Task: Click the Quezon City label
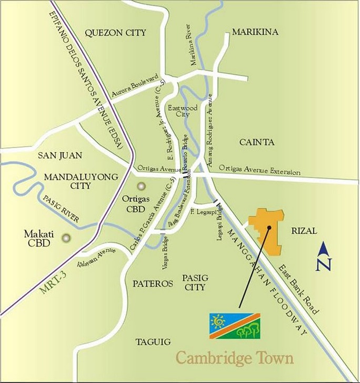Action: (115, 33)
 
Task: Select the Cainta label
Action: (257, 142)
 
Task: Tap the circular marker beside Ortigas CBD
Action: (141, 186)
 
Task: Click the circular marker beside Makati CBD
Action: (65, 238)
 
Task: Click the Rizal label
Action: (303, 231)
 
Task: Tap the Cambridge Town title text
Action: (234, 358)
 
